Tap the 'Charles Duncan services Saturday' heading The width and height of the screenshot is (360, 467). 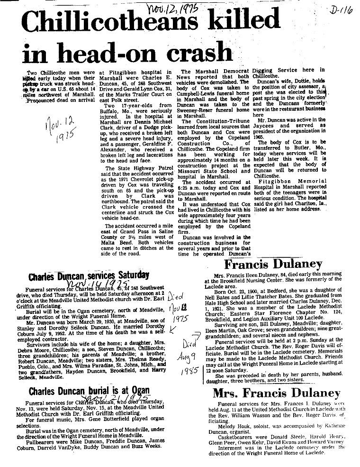coord(89,275)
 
